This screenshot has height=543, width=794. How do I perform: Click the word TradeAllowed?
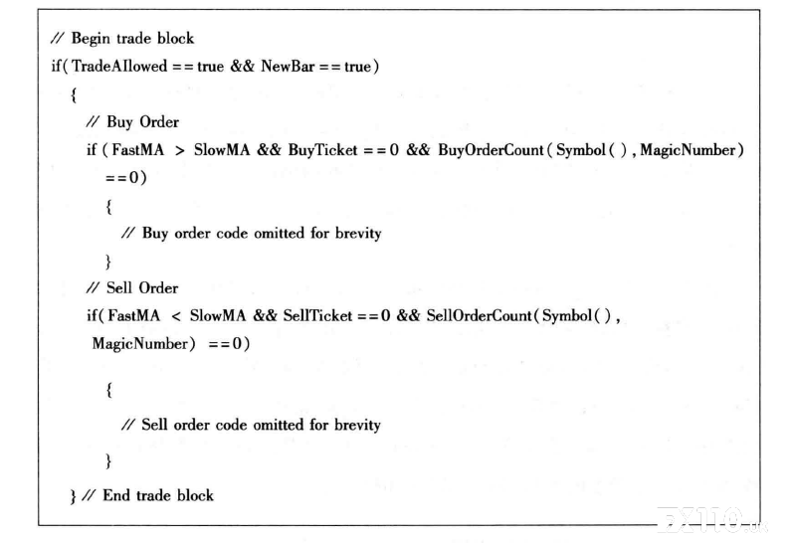[x=119, y=66]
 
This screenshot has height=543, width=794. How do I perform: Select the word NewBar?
[x=288, y=66]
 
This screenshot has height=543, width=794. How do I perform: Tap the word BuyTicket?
[x=323, y=150]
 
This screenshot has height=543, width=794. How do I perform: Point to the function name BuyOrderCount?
[x=491, y=150]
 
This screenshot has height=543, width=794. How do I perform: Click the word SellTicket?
[x=317, y=316]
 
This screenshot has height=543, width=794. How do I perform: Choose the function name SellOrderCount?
[x=479, y=316]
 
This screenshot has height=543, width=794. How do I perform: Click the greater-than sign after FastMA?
[x=179, y=150]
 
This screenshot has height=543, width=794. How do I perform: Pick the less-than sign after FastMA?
[x=176, y=317]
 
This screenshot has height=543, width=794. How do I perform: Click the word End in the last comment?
[x=116, y=495]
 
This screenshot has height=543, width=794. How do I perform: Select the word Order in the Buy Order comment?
[x=159, y=122]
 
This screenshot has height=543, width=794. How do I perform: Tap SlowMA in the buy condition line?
[x=222, y=150]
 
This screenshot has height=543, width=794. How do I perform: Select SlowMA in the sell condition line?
[x=218, y=316]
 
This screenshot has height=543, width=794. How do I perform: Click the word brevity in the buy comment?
[x=358, y=234]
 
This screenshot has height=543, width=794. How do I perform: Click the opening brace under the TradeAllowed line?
[x=74, y=94]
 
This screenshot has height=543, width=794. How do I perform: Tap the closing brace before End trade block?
[x=74, y=496]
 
